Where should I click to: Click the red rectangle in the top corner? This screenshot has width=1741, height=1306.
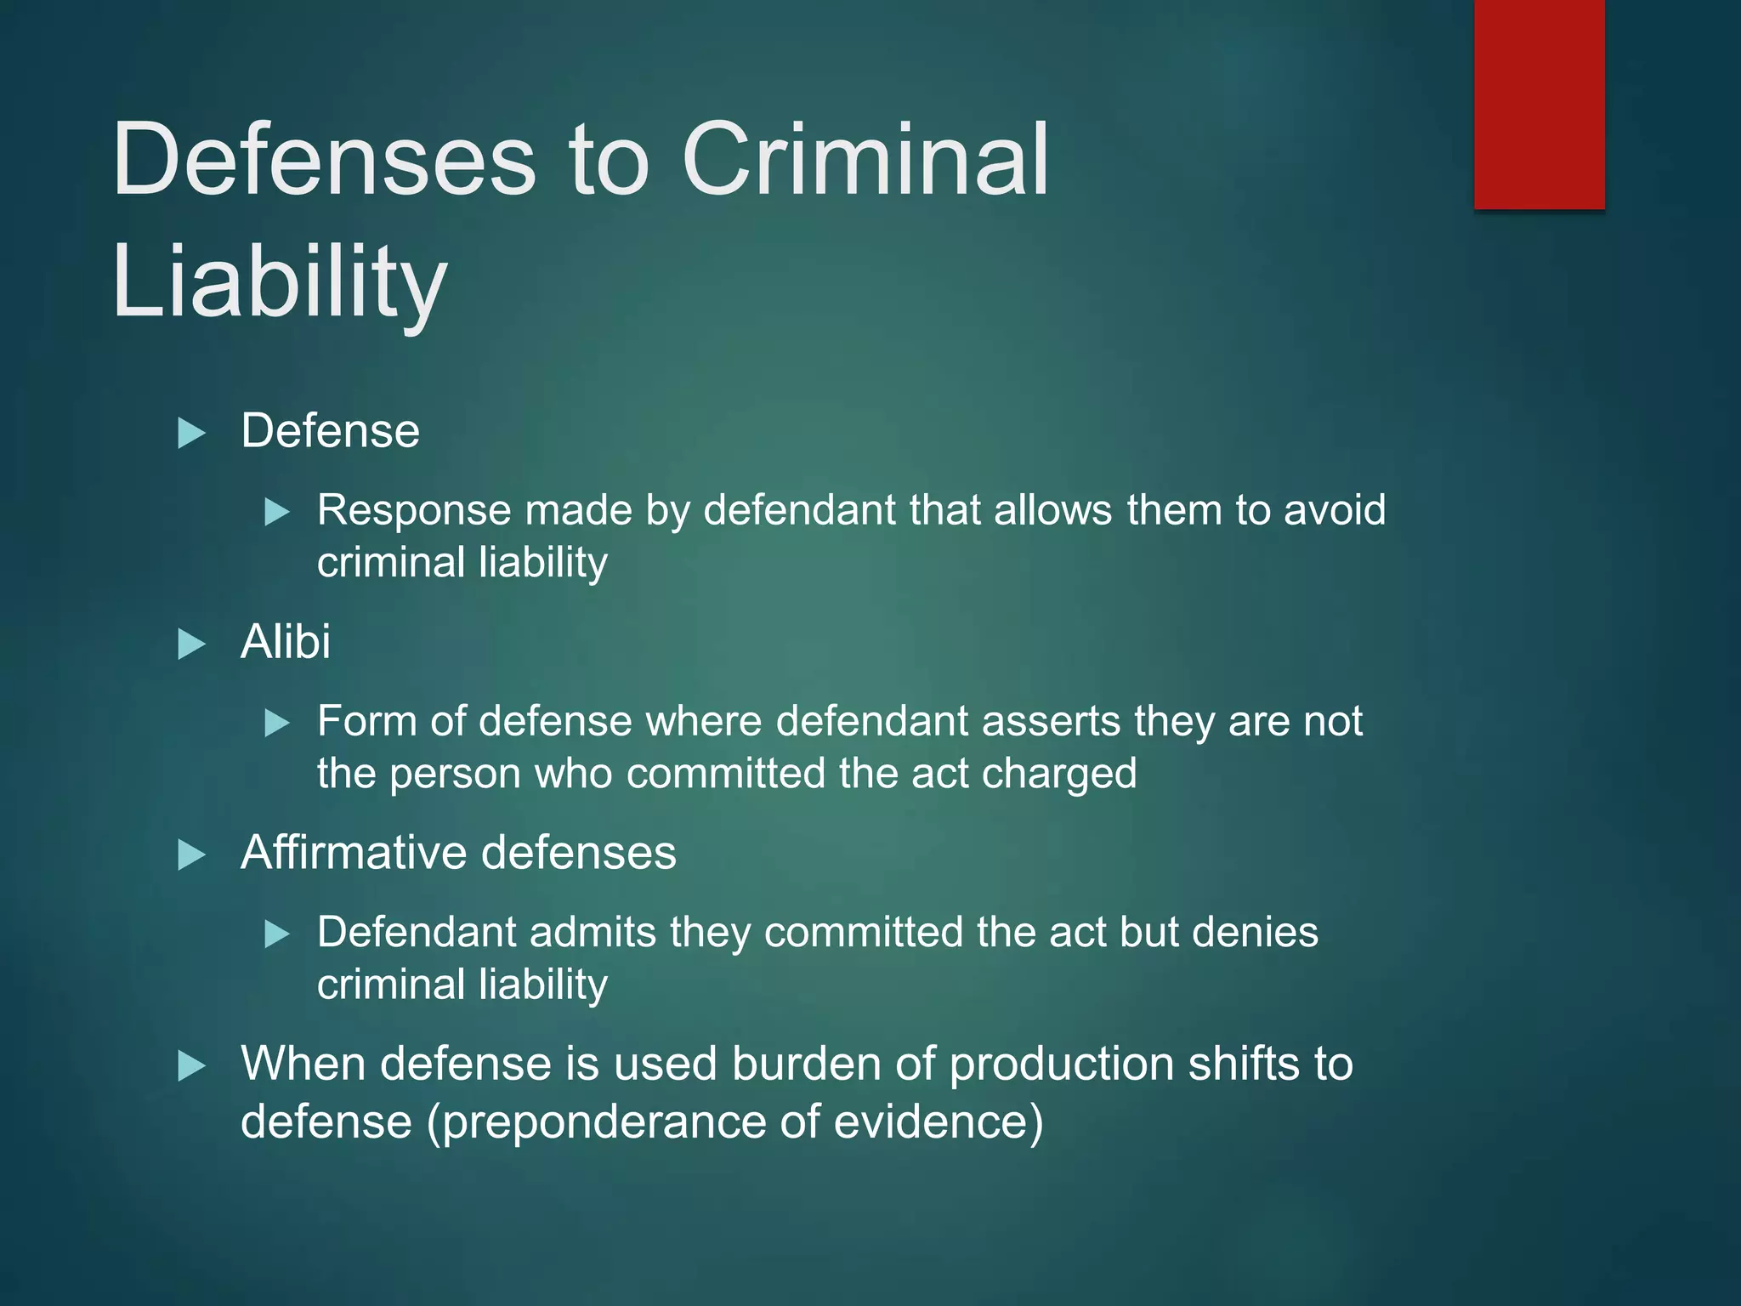1539,104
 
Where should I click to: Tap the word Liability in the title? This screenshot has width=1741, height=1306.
279,281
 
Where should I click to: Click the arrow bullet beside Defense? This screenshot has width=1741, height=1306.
191,433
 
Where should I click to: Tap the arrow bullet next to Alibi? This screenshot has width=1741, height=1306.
191,644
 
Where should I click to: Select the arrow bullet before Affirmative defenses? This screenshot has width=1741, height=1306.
191,855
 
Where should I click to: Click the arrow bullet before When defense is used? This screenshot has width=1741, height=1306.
191,1065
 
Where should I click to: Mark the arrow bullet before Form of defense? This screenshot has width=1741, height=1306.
277,724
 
